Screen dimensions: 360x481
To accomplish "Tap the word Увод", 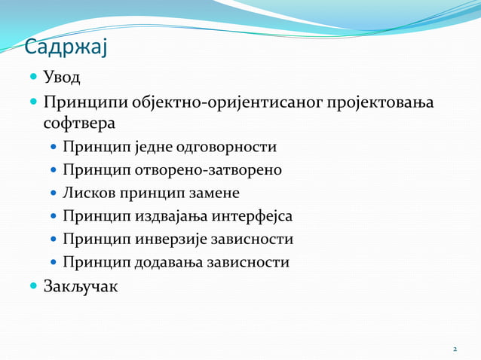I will point(62,78).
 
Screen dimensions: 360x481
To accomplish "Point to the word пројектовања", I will point(380,102).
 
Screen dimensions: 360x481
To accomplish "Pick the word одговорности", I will point(231,147).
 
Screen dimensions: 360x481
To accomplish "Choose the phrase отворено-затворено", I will point(210,170).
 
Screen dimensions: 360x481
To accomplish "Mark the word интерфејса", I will point(251,217).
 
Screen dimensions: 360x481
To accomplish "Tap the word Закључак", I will point(81,286).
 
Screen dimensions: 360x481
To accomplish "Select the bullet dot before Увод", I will point(34,78).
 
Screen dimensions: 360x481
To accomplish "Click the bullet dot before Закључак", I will point(34,287).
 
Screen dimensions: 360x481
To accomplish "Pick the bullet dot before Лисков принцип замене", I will point(54,194).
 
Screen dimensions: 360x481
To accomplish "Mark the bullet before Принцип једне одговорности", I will point(54,148).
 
